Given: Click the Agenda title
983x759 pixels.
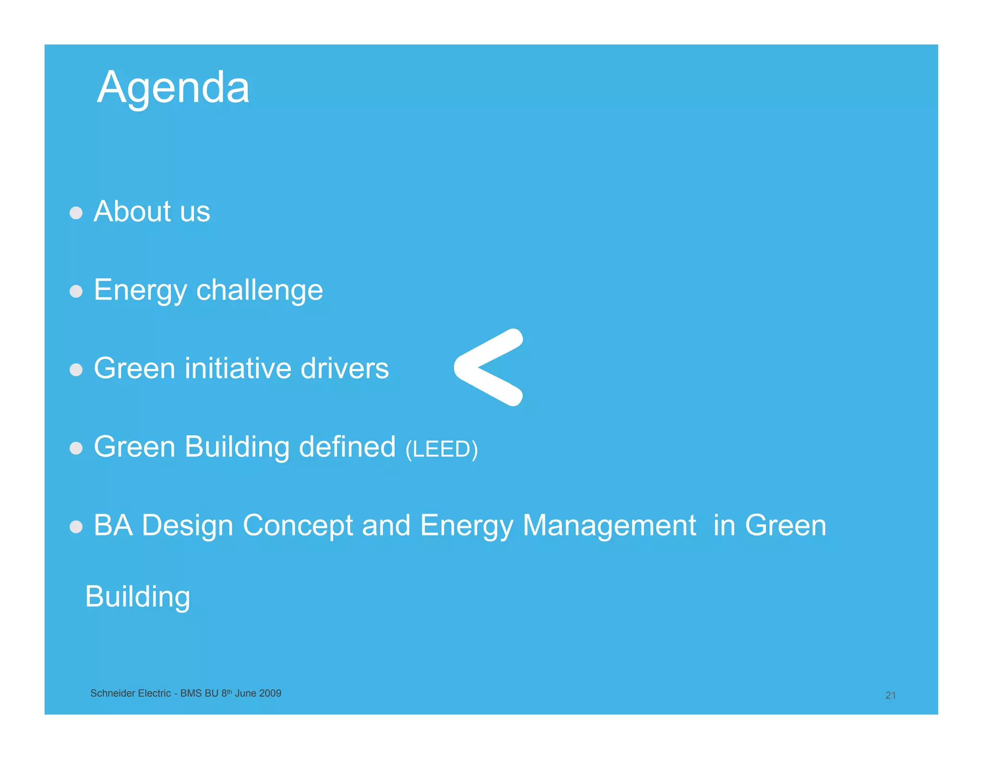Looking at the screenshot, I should coord(173,88).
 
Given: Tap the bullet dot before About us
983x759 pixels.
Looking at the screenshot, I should coord(76,213).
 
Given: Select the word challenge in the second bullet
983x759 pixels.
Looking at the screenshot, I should coord(259,291).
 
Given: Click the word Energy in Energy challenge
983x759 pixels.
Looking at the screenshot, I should coord(140,291).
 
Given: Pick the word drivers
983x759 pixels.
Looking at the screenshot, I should coord(344,368).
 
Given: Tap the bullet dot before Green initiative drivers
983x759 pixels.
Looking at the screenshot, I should coord(76,369).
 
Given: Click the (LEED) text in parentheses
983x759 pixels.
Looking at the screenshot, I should coord(441,450).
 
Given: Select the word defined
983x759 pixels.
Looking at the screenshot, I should coord(347,447).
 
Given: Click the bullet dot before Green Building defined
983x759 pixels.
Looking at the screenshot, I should coord(76,448).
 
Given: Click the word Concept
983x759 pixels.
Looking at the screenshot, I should coord(298,526).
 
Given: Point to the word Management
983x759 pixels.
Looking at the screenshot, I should coord(609,526).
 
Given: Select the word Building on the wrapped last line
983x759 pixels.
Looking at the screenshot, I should coord(138,597).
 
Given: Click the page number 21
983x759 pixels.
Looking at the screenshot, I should coord(890,695).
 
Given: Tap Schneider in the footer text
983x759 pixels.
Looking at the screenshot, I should coord(109,693).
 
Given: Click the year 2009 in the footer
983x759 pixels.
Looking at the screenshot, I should coord(270,693).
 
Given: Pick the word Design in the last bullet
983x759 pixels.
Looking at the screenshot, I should coord(187,526).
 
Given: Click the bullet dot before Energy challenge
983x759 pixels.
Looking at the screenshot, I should coord(76,291).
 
